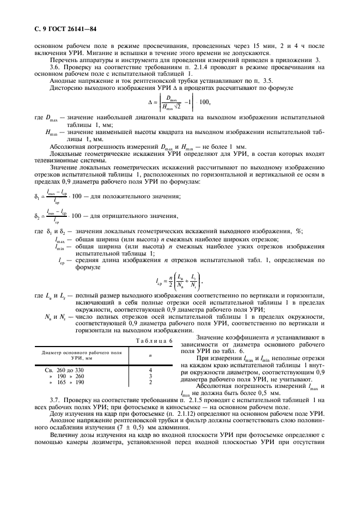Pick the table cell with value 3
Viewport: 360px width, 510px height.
151,376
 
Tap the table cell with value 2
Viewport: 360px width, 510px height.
151,382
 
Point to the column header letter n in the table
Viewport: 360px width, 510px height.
151,355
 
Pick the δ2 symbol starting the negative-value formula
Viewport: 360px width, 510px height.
36,215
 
